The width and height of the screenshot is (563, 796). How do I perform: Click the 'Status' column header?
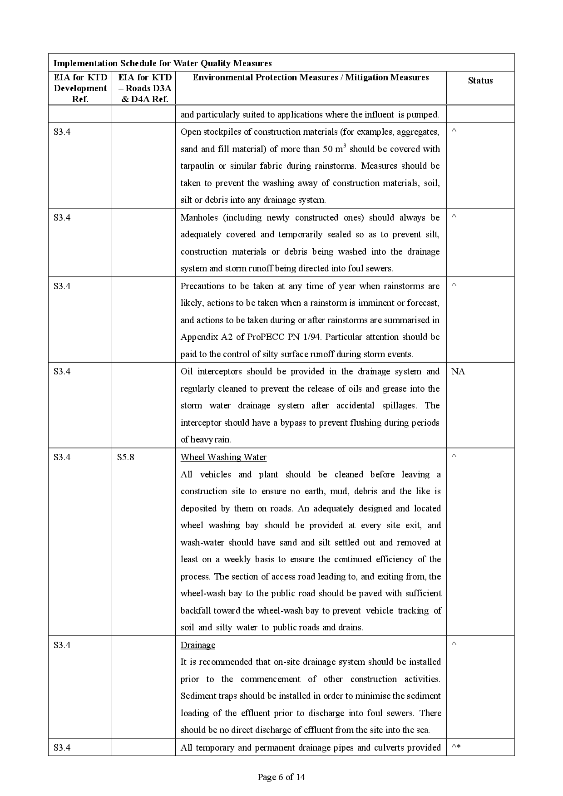[480, 81]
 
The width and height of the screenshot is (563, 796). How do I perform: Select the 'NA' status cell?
[458, 372]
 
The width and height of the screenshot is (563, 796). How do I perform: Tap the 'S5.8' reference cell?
[125, 457]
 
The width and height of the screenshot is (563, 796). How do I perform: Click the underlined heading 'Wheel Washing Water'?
[223, 457]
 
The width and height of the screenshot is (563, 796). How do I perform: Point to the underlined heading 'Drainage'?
[198, 645]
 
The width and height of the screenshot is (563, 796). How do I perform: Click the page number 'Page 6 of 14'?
[281, 777]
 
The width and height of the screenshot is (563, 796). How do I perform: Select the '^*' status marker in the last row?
[456, 747]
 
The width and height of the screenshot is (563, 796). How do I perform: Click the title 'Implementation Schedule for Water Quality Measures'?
[163, 63]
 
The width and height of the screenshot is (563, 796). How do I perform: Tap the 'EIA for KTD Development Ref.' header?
[80, 88]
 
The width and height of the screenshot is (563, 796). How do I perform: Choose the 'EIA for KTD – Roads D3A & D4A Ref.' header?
[145, 88]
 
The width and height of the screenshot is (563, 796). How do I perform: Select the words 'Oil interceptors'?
[211, 372]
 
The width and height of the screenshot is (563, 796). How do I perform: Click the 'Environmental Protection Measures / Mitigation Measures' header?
[311, 78]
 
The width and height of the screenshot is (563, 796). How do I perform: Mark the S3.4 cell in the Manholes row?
[62, 217]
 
